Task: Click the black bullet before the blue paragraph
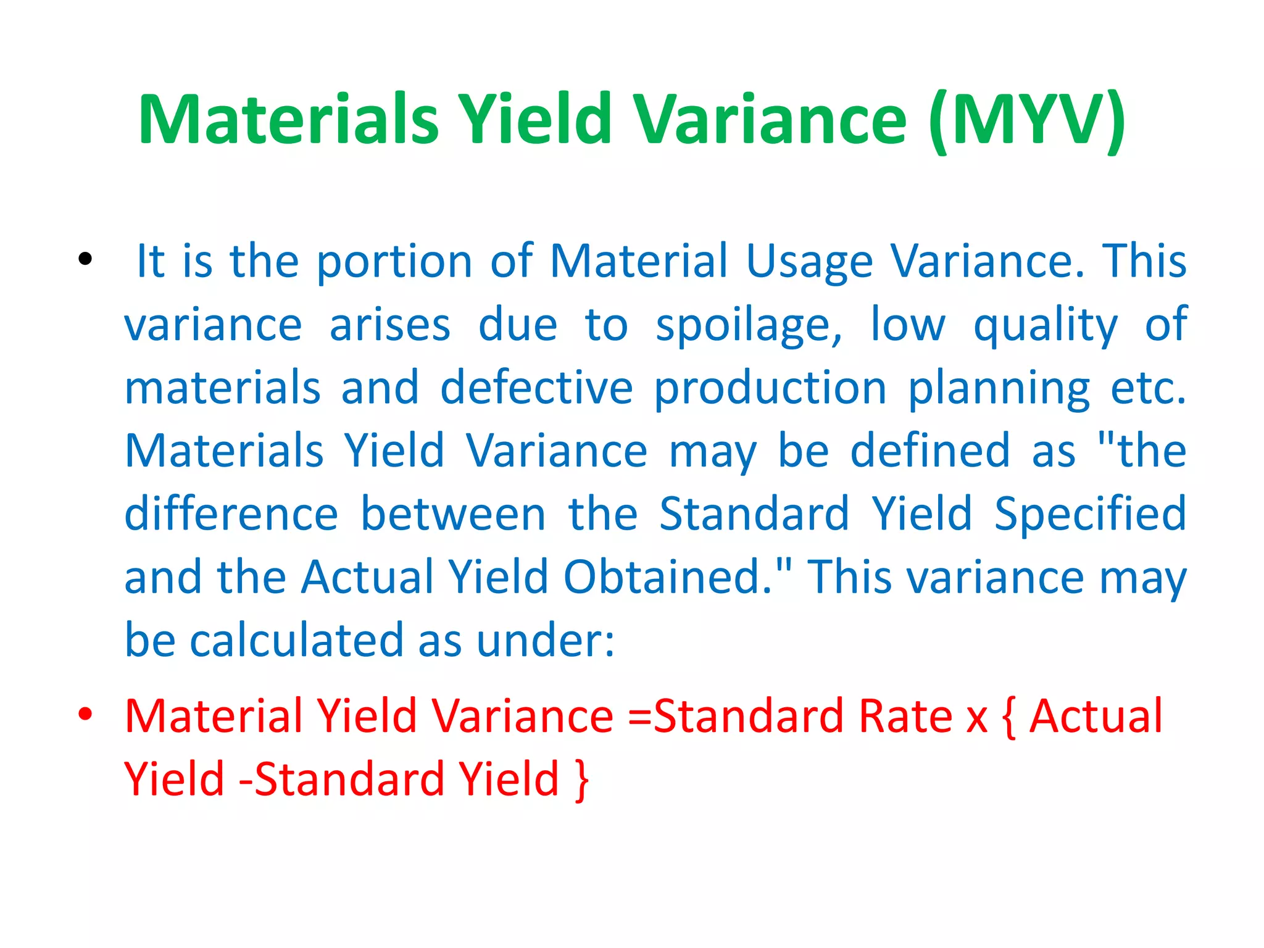coord(85,259)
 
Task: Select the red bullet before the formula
coord(85,714)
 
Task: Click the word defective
coord(536,388)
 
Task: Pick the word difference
coord(231,514)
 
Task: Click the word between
coord(453,514)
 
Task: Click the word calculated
coord(296,640)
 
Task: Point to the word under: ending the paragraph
coord(546,641)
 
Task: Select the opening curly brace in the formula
coord(1010,717)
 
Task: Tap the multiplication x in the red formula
coord(977,718)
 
